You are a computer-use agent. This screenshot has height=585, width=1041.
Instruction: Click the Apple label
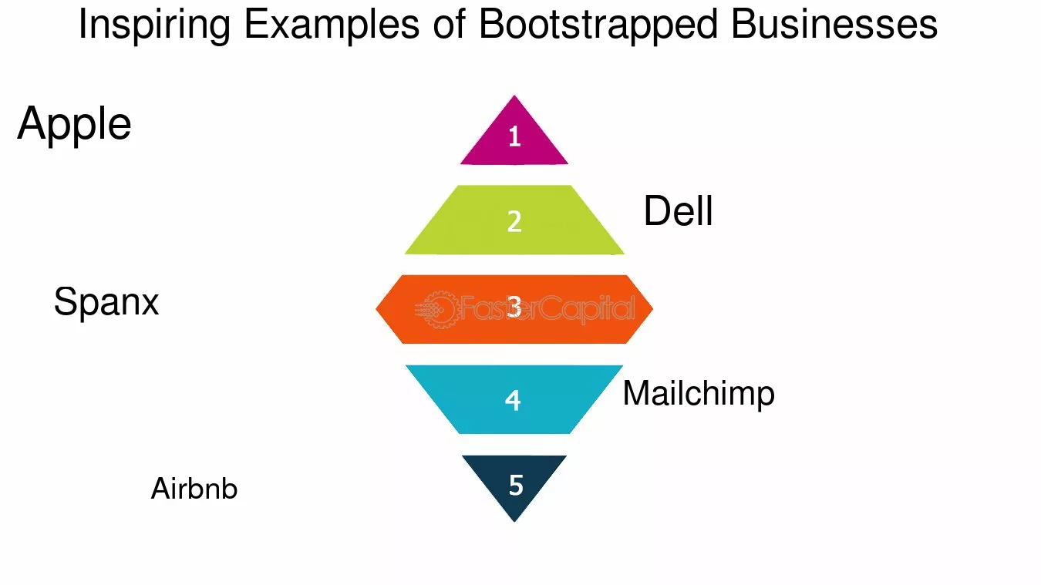click(x=74, y=124)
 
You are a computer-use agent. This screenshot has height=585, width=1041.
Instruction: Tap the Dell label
click(x=678, y=211)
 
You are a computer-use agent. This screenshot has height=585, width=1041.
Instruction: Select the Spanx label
click(x=106, y=302)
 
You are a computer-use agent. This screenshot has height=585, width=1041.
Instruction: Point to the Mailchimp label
click(x=698, y=394)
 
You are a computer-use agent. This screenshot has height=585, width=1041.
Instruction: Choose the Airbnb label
click(x=194, y=489)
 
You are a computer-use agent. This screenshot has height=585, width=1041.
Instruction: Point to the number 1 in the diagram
click(x=514, y=137)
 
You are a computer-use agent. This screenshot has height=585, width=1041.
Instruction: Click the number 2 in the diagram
click(x=514, y=221)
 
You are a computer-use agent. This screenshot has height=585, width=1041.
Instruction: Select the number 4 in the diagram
click(x=513, y=400)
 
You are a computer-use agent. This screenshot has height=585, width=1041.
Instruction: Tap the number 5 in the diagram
click(x=516, y=485)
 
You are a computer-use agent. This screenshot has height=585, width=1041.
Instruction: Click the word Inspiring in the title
click(x=154, y=25)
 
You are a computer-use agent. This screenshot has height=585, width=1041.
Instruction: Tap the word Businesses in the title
click(x=834, y=25)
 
